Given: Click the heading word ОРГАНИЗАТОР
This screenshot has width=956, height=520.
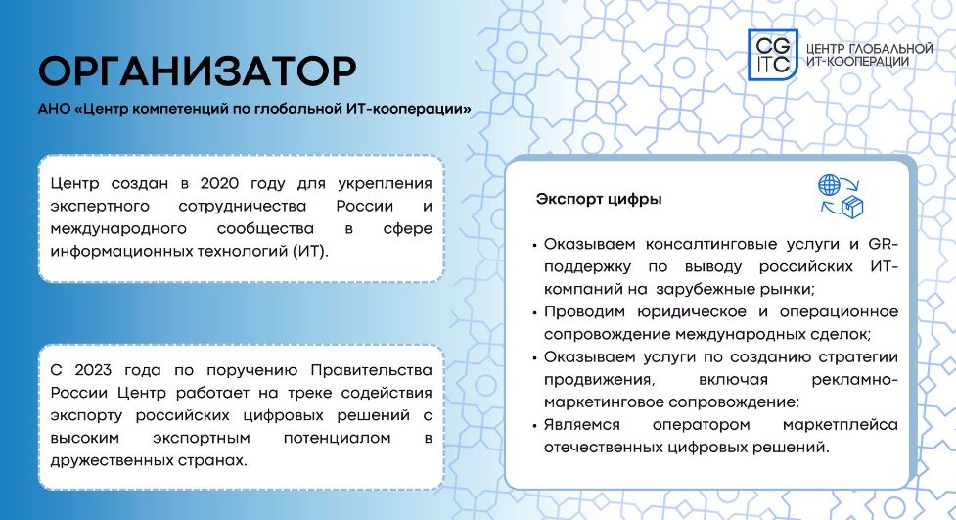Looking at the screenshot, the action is point(198,71).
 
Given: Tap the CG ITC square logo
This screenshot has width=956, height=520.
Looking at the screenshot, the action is point(772,55).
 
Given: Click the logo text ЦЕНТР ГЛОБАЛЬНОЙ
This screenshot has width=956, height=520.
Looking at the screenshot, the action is point(870,48).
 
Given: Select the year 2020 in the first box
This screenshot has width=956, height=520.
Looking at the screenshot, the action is point(219,183).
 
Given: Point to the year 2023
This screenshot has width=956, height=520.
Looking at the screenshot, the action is point(93,370).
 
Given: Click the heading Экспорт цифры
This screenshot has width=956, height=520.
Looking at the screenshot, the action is point(599,199).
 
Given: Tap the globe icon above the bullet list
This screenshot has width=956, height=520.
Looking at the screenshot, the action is point(829,184).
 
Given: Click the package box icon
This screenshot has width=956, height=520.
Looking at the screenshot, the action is point(852,207).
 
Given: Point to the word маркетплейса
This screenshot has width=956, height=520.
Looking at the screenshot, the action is point(841,425).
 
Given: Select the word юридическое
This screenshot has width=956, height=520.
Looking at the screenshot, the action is point(692,311).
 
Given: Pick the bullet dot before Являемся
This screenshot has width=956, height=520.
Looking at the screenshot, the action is point(534,426).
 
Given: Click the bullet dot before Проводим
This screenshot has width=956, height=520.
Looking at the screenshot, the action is point(534,313).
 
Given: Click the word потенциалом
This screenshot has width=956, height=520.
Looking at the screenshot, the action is point(338,438).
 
